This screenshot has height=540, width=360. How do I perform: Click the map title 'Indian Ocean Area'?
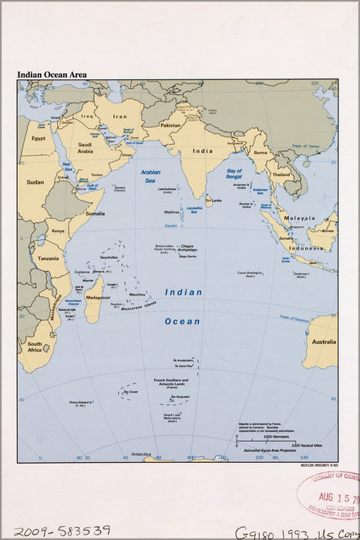pyautogui.click(x=52, y=75)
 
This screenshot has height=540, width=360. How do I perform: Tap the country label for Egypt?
pyautogui.click(x=39, y=138)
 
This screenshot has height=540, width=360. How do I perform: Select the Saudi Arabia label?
pyautogui.click(x=85, y=148)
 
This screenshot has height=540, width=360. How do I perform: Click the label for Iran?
pyautogui.click(x=120, y=117)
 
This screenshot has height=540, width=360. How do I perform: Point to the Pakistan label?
pyautogui.click(x=170, y=125)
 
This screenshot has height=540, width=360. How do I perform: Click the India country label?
pyautogui.click(x=203, y=151)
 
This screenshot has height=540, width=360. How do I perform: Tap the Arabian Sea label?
pyautogui.click(x=150, y=177)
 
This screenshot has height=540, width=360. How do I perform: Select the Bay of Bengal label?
pyautogui.click(x=235, y=174)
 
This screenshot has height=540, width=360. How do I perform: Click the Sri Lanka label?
pyautogui.click(x=216, y=200)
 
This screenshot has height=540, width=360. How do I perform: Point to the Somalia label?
pyautogui.click(x=96, y=214)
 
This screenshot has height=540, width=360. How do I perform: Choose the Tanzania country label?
pyautogui.click(x=48, y=258)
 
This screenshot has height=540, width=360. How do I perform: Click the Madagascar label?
pyautogui.click(x=97, y=297)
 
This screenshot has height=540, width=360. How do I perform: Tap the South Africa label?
pyautogui.click(x=35, y=347)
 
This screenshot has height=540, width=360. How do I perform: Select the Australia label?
pyautogui.click(x=321, y=341)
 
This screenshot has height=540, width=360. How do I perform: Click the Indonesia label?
pyautogui.click(x=306, y=248)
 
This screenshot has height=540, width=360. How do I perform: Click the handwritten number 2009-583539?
pyautogui.click(x=62, y=531)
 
